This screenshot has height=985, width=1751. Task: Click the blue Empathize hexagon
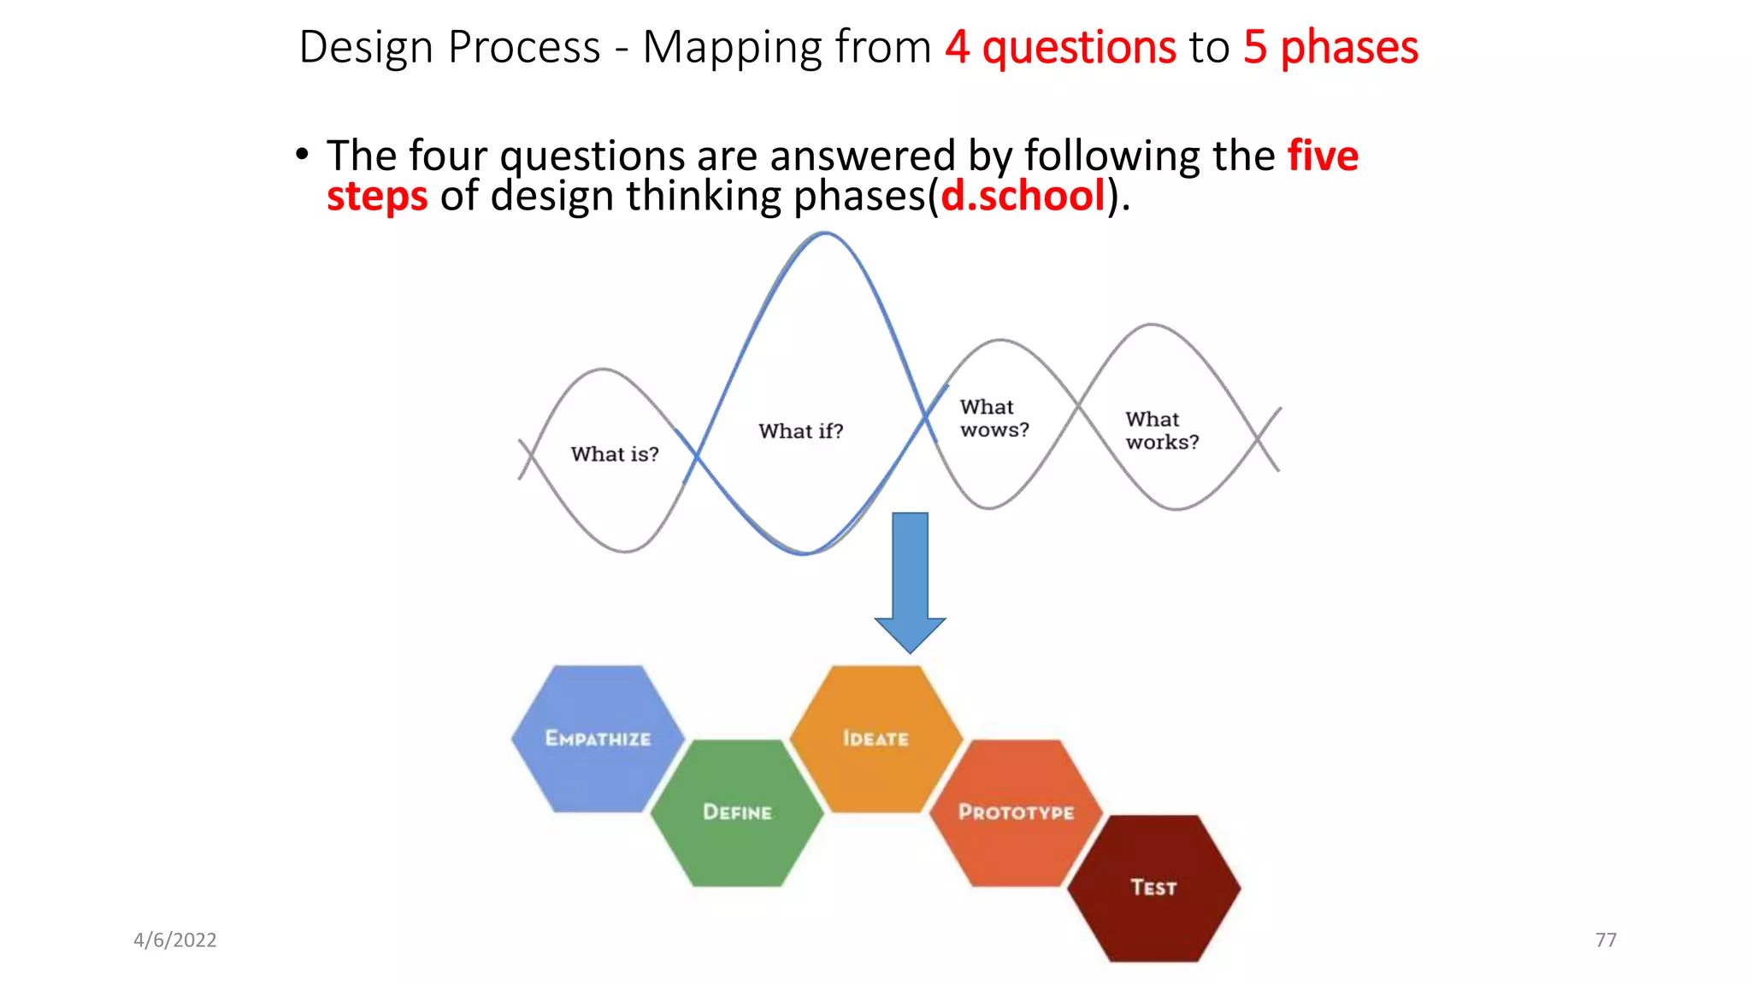pyautogui.click(x=598, y=739)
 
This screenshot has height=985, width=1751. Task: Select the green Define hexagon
pyautogui.click(x=737, y=812)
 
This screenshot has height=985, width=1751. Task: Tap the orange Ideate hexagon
pyautogui.click(x=875, y=739)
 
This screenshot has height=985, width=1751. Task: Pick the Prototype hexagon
pyautogui.click(x=1016, y=812)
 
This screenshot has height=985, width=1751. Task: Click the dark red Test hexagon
pyautogui.click(x=1154, y=888)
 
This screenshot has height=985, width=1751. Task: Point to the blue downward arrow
pyautogui.click(x=910, y=581)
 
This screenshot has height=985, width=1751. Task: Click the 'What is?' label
pyautogui.click(x=615, y=454)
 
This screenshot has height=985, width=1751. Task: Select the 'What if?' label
pyautogui.click(x=800, y=431)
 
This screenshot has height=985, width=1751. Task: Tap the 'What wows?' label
pyautogui.click(x=993, y=418)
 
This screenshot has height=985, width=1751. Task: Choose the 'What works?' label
pyautogui.click(x=1161, y=430)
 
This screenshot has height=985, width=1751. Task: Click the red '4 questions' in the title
pyautogui.click(x=1060, y=47)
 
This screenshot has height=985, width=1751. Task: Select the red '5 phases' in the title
pyautogui.click(x=1330, y=47)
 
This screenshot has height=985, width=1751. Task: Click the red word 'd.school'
pyautogui.click(x=1023, y=196)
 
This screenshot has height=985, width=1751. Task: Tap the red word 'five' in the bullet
pyautogui.click(x=1323, y=156)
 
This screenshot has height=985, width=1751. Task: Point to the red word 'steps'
pyautogui.click(x=377, y=196)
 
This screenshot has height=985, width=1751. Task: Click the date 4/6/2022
pyautogui.click(x=174, y=940)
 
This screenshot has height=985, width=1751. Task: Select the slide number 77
pyautogui.click(x=1606, y=940)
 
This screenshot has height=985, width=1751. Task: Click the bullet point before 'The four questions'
pyautogui.click(x=301, y=155)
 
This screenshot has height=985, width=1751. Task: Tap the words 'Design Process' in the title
pyautogui.click(x=450, y=47)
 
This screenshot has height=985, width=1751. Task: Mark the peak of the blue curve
pyautogui.click(x=824, y=233)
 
